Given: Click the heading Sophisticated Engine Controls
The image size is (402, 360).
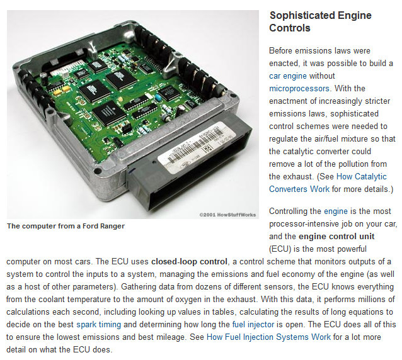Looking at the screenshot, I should click(x=320, y=21).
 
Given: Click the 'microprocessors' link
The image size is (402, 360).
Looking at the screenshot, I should click(x=299, y=88).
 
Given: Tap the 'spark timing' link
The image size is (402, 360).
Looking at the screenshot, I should click(x=98, y=324).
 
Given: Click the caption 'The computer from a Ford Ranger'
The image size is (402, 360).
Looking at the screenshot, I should click(x=66, y=227).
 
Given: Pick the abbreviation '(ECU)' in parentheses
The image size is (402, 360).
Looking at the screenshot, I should click(x=282, y=249).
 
